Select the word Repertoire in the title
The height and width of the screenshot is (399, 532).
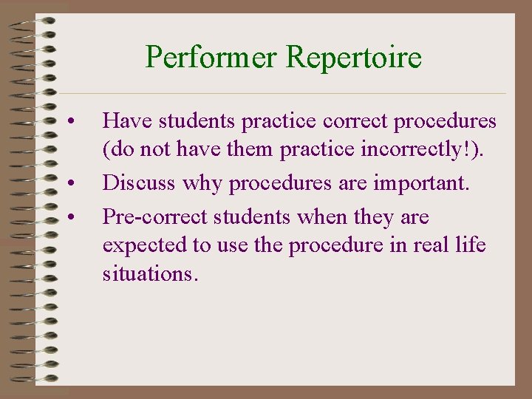tap(354, 57)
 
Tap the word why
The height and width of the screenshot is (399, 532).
tap(204, 183)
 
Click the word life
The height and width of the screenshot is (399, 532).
tap(471, 245)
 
